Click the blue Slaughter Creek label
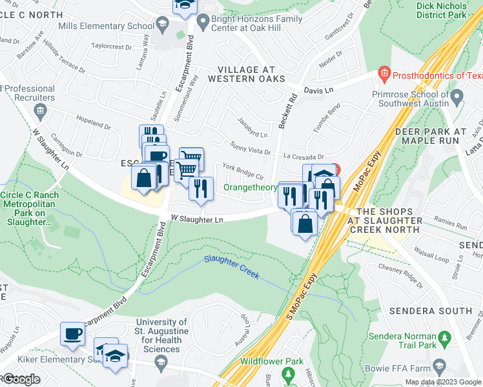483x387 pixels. [x=231, y=267]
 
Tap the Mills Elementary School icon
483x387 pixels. [x=163, y=26]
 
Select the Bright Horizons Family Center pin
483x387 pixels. [x=202, y=19]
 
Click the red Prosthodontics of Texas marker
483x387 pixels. [x=385, y=74]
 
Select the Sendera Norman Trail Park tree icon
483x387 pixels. [x=444, y=338]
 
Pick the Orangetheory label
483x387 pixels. [x=250, y=188]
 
